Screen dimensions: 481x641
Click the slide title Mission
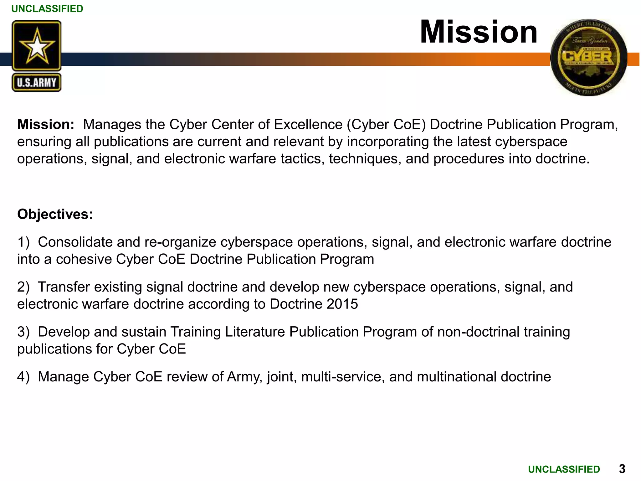[x=479, y=32]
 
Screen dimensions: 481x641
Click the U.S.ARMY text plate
[x=37, y=83]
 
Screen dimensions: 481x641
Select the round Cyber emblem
[x=589, y=58]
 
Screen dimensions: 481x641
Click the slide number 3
[x=622, y=469]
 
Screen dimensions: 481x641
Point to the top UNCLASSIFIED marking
[x=47, y=9]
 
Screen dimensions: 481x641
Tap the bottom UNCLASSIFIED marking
[x=564, y=469]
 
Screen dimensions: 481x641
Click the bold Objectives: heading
[x=55, y=215]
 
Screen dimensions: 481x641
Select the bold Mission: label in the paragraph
[x=46, y=125]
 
